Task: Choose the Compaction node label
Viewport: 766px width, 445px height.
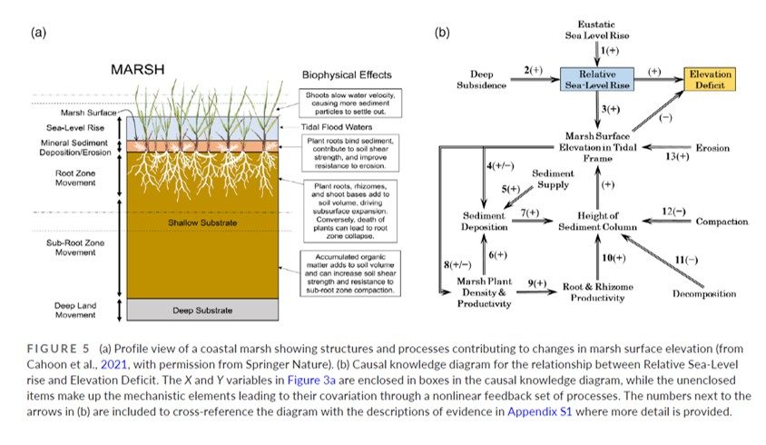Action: point(722,222)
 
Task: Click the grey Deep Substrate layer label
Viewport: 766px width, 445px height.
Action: point(201,311)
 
